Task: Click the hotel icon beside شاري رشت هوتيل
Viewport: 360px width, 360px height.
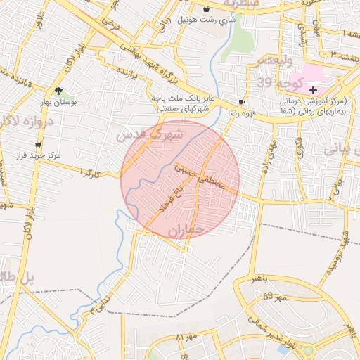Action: point(206,9)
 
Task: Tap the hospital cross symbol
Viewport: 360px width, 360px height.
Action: point(313,91)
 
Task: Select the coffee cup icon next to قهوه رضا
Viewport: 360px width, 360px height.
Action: point(243,102)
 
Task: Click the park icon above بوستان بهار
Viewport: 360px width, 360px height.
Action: point(58,91)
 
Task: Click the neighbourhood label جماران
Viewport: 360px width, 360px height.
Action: point(186,230)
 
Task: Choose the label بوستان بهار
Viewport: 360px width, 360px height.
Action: point(58,102)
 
